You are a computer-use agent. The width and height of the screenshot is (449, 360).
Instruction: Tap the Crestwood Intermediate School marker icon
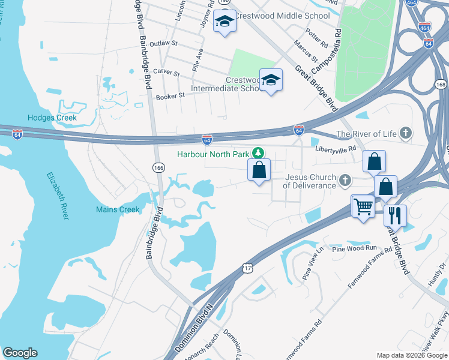pos(271,80)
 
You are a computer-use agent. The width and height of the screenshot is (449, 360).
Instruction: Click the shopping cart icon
pos(363,207)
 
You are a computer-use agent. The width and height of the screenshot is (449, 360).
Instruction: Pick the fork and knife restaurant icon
pos(395,215)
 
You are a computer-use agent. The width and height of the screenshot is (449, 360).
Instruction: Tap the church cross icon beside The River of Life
pos(406,133)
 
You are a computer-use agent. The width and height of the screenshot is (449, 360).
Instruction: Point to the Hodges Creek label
pos(52,118)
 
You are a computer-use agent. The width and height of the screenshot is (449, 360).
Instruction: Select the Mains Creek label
pos(118,209)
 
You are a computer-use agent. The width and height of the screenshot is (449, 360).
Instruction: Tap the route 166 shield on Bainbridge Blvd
pos(158,167)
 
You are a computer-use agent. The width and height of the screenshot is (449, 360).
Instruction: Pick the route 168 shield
pos(441,85)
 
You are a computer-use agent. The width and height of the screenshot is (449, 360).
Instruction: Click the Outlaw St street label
pos(164,44)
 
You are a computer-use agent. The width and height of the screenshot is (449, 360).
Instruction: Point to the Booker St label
pos(169,97)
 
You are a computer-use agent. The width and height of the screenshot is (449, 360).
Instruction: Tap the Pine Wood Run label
pos(354,248)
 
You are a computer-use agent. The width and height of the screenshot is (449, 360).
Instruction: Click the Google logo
pos(20,353)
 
